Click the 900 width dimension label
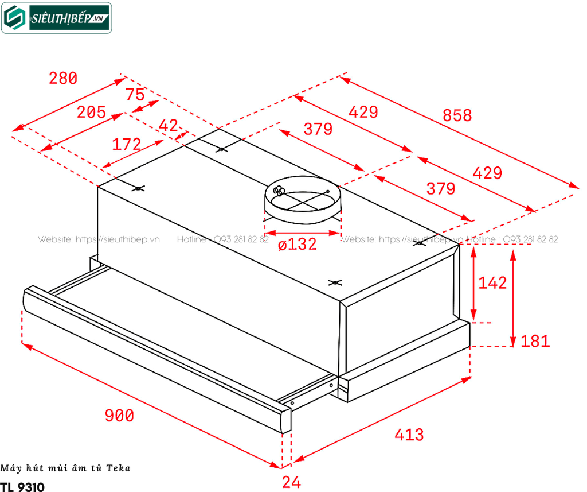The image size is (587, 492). (x=120, y=415)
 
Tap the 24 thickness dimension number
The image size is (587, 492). (x=291, y=482)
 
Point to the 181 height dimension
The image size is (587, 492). (x=535, y=341)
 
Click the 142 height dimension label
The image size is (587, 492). (x=492, y=282)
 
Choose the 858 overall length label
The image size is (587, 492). (x=457, y=115)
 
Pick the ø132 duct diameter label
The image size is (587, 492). (x=297, y=245)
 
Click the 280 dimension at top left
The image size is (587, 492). (x=63, y=78)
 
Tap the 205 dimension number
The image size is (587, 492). (x=92, y=112)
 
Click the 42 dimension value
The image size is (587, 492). (x=168, y=126)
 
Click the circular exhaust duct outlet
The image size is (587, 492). (x=302, y=198)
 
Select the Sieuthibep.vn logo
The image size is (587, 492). (x=56, y=18)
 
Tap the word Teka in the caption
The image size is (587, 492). (x=119, y=468)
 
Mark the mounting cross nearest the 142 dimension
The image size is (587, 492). (x=420, y=244)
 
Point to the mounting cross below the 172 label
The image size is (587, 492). (x=138, y=188)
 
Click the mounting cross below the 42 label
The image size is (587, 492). (x=222, y=149)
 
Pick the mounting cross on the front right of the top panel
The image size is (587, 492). (x=336, y=282)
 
